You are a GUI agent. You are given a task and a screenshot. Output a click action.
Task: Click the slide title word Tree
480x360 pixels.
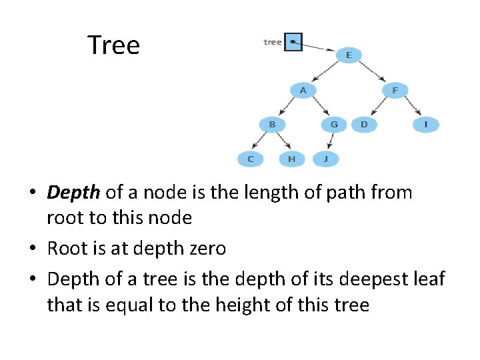113,45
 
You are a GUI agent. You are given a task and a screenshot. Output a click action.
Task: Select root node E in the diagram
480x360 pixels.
349,55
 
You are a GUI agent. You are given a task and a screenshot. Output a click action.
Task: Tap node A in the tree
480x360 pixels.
303,89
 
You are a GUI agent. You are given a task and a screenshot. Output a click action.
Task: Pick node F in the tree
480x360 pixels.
395,89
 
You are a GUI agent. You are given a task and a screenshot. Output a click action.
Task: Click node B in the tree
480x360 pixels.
272,124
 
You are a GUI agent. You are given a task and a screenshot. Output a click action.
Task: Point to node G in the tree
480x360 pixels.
334,124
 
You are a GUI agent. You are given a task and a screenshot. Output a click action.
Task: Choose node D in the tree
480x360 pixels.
364,124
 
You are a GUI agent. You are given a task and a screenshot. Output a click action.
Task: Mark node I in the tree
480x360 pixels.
425,124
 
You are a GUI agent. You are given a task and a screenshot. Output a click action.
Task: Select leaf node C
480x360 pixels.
251,159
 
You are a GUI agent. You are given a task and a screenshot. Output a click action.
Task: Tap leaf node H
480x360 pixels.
291,159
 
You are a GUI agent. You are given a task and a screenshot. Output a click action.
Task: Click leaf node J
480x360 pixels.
325,159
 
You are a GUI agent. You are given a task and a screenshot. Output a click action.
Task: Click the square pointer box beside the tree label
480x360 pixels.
293,42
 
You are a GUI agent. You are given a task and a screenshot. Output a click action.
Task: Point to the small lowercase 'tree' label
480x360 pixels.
273,42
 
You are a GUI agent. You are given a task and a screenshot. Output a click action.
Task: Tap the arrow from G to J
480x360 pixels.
330,141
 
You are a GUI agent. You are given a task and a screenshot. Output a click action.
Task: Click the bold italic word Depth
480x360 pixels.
73,193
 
